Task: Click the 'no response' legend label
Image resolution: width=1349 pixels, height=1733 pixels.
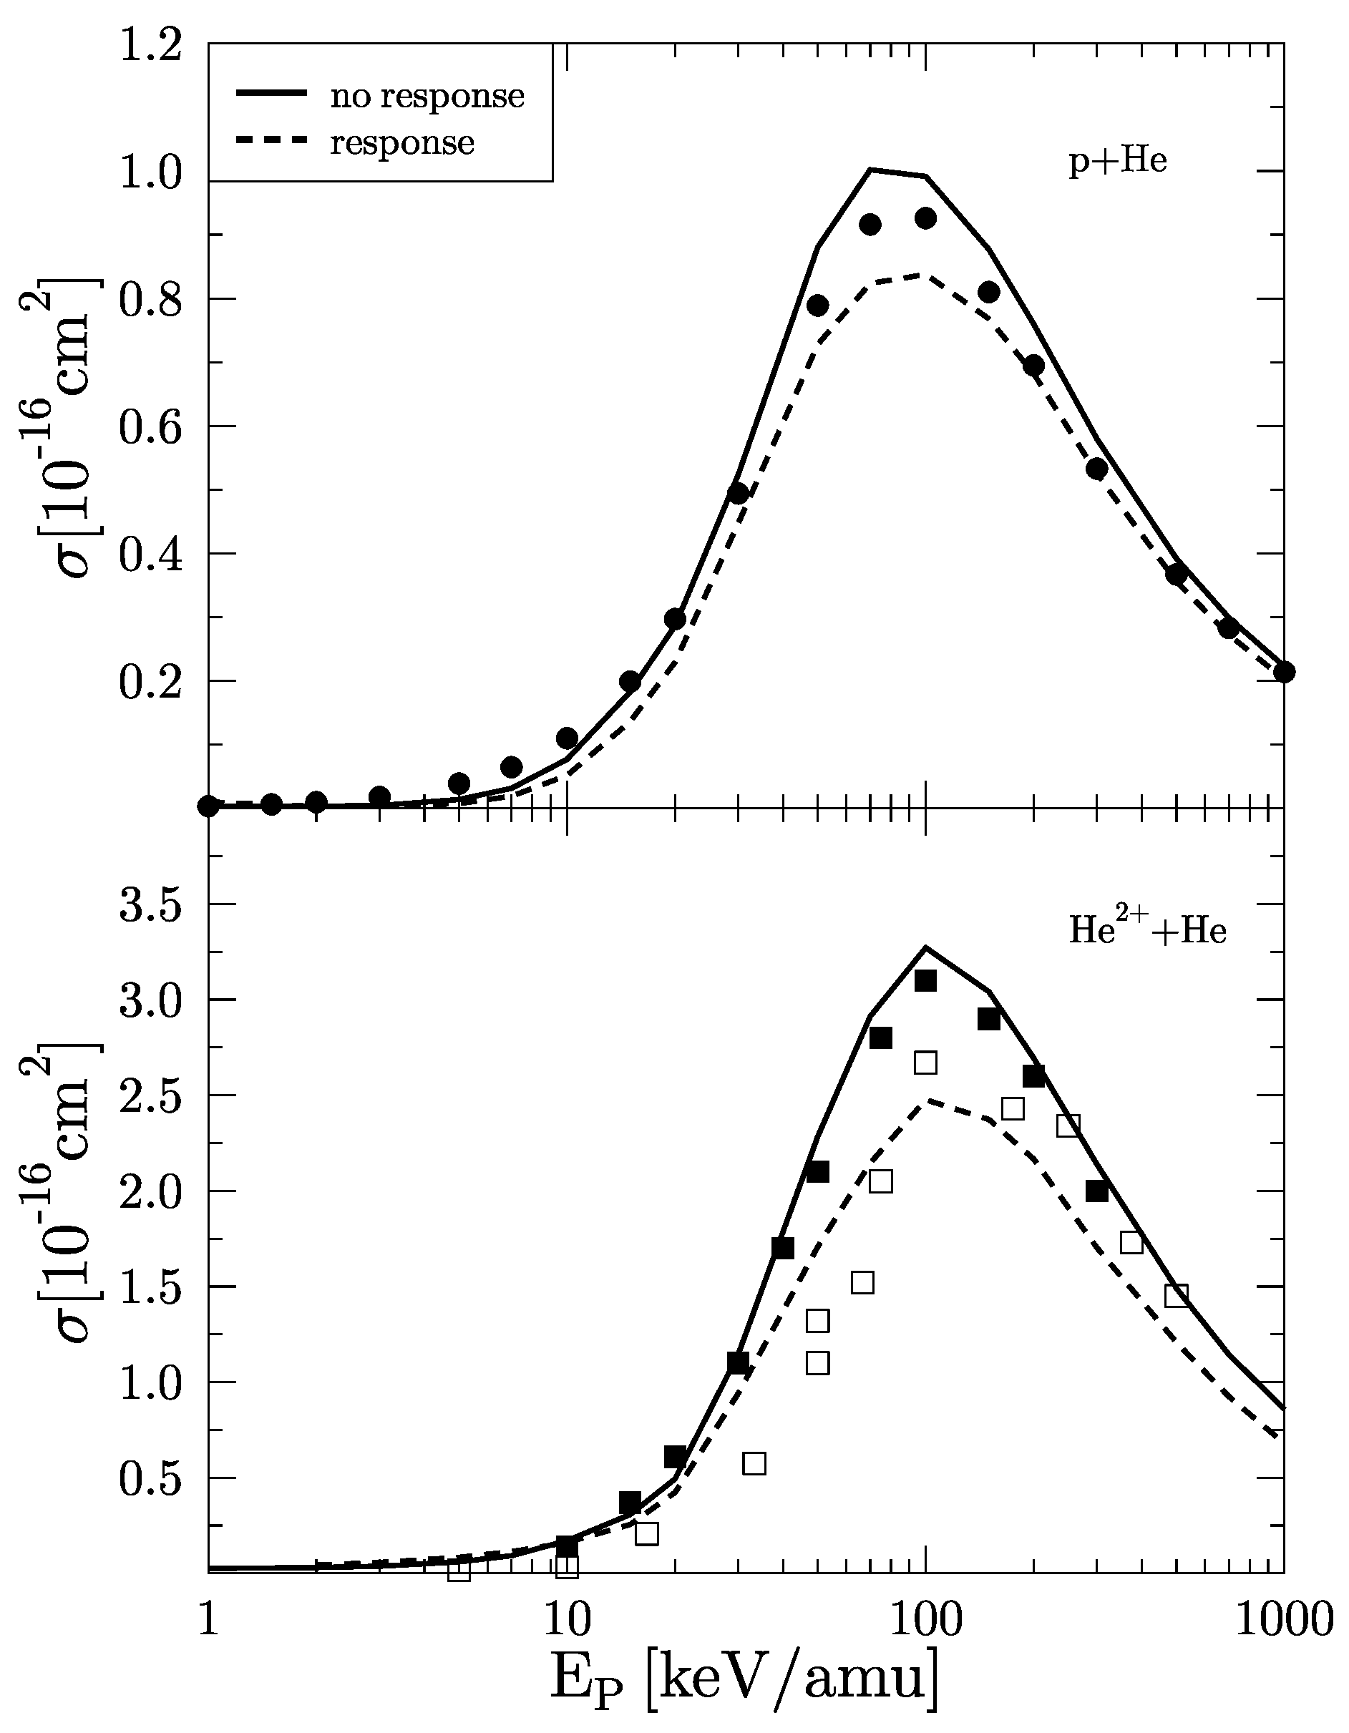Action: tap(427, 96)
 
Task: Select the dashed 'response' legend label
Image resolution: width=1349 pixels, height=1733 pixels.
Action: tap(401, 144)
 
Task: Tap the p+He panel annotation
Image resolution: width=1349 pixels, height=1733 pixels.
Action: tap(1117, 162)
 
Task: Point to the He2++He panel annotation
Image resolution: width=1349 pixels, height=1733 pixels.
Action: tap(1147, 930)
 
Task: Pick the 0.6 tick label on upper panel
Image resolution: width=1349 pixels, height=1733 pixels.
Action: tap(151, 427)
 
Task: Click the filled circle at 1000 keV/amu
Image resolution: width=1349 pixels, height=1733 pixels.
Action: tap(1284, 671)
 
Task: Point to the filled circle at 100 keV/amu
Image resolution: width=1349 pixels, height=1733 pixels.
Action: tap(925, 218)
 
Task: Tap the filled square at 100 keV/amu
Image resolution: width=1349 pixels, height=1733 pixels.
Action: tap(925, 982)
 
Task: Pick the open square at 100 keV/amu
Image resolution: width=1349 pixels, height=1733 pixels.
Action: tap(925, 1063)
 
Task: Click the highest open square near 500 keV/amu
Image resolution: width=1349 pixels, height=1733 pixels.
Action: tap(1176, 1296)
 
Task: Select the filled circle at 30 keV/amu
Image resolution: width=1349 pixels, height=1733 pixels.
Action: tap(738, 493)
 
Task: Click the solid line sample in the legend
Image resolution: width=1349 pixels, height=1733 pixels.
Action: tap(271, 94)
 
